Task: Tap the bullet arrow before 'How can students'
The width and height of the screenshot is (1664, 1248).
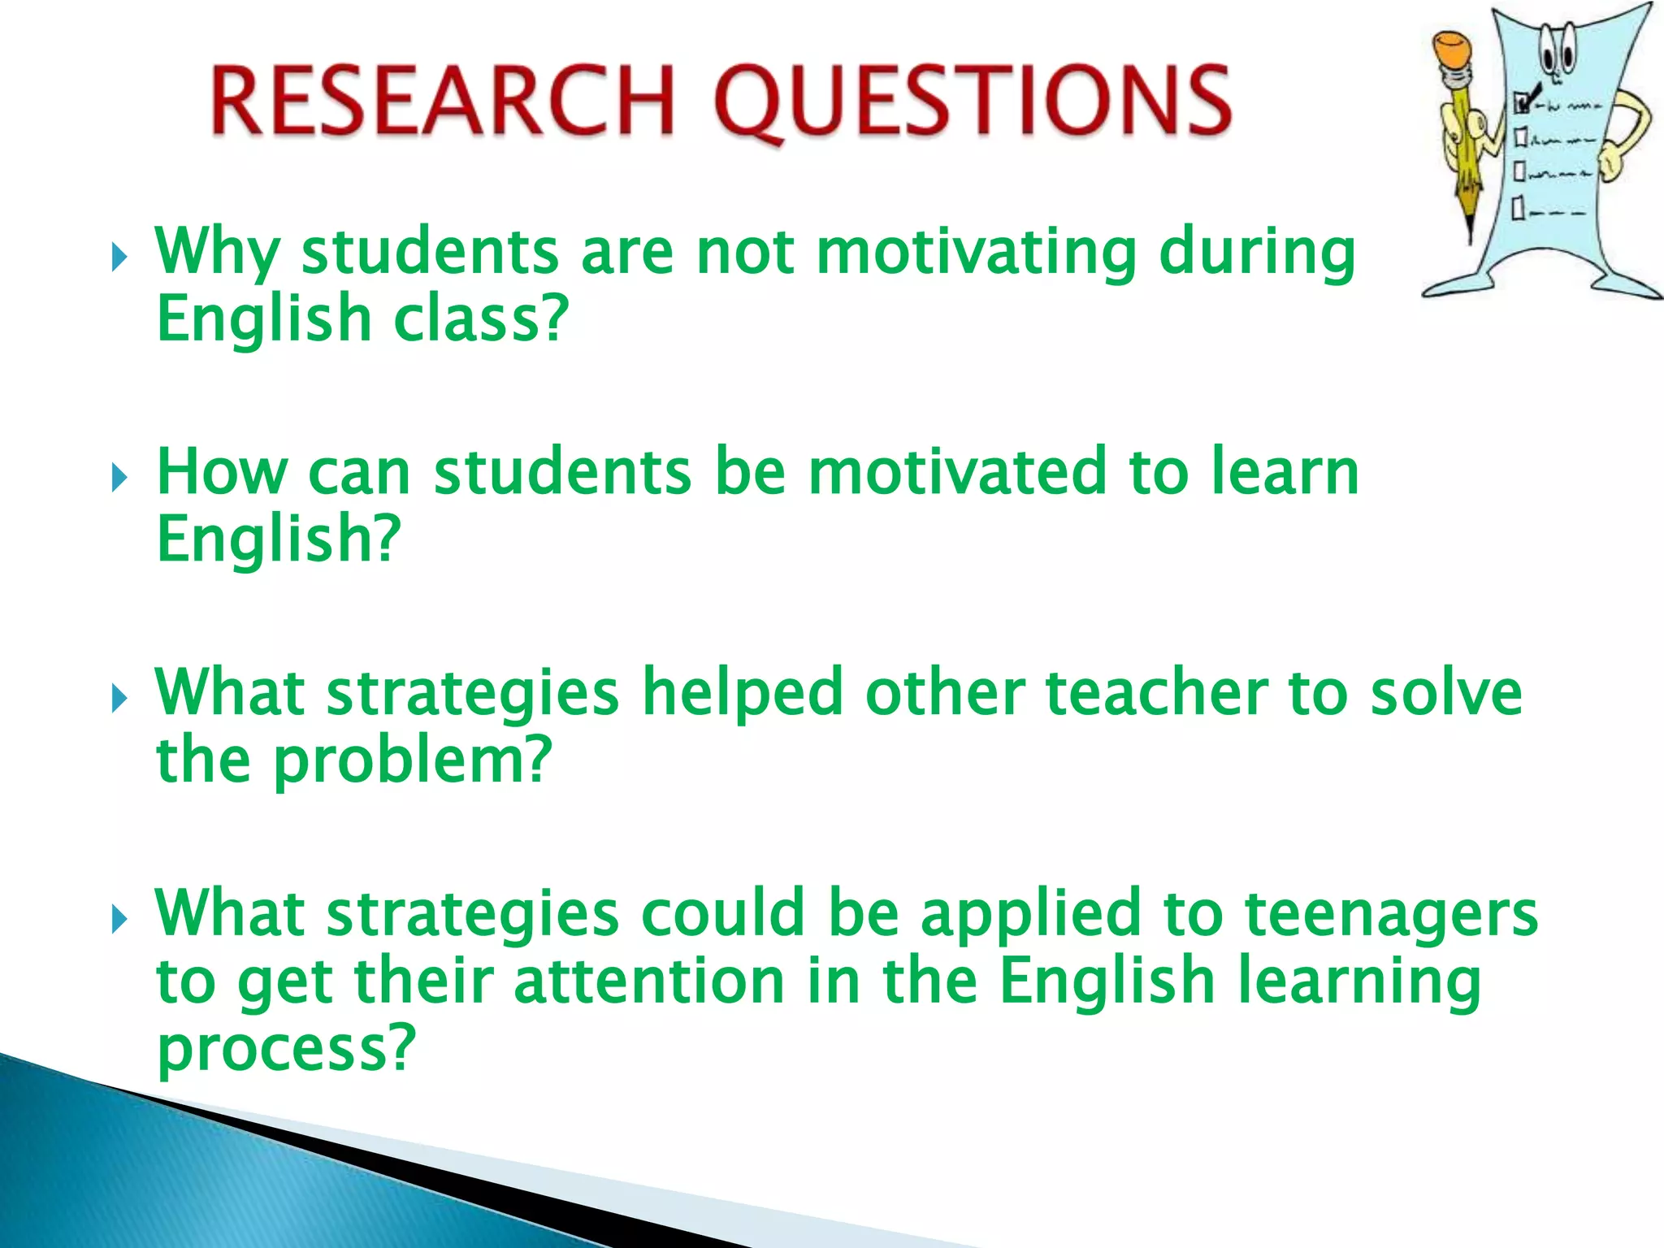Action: click(x=119, y=478)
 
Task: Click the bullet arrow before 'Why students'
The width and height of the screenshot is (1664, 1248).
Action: click(x=119, y=258)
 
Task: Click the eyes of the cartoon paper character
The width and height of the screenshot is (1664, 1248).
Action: click(x=1558, y=57)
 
